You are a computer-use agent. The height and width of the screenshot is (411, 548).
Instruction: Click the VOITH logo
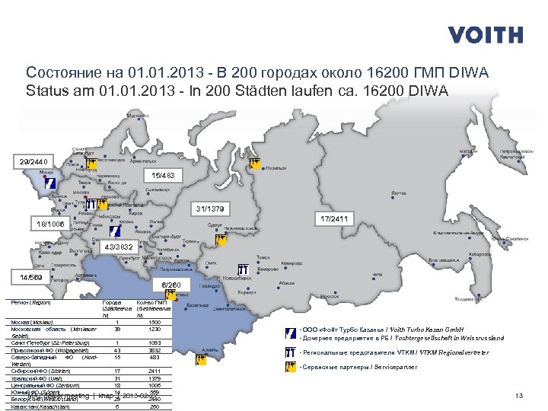click(x=485, y=34)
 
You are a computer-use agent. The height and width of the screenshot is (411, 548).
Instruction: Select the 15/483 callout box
click(x=163, y=177)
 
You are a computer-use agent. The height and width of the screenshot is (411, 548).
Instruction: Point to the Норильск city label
click(x=276, y=168)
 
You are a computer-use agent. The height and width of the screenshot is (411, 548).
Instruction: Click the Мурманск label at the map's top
click(x=138, y=116)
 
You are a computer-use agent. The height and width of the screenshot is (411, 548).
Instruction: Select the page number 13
click(x=520, y=396)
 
